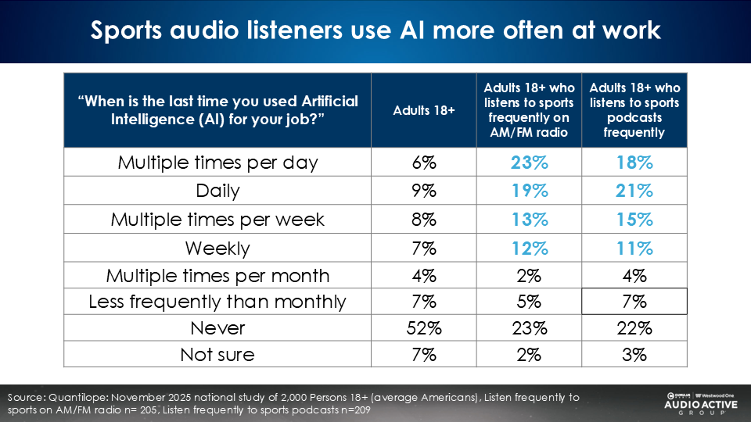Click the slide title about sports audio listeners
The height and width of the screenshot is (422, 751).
pos(375,30)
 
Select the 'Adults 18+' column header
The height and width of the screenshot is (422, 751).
pos(423,110)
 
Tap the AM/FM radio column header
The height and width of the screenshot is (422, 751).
pos(529,110)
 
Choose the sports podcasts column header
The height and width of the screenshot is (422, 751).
pos(634,110)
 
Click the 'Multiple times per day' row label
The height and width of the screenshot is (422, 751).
pos(217,163)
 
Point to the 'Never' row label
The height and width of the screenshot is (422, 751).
pos(217,328)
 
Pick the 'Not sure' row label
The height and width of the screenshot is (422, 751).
pos(217,355)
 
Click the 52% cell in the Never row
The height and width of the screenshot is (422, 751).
pos(423,328)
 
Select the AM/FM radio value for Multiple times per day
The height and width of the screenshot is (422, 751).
pos(529,163)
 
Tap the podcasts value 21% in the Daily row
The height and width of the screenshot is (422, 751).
pos(634,190)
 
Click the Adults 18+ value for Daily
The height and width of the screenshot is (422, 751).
pos(423,190)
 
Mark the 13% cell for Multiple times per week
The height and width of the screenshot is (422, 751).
pos(529,220)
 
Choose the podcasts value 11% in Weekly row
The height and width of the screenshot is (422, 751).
pos(634,249)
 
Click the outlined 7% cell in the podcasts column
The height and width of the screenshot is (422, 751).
pos(634,302)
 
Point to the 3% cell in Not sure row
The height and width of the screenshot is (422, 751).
pos(634,355)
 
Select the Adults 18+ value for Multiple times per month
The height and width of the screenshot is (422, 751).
pos(423,276)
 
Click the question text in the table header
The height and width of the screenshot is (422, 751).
pos(217,110)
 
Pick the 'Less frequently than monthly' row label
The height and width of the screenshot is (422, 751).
pos(217,302)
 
